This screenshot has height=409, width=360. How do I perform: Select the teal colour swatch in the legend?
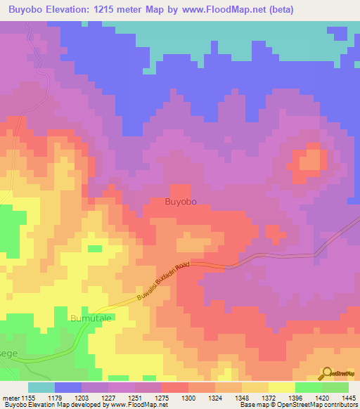coord(41,387)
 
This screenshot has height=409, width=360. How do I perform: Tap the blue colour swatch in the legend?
coord(67,387)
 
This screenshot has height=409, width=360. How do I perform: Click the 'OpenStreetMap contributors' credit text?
coord(314,405)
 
